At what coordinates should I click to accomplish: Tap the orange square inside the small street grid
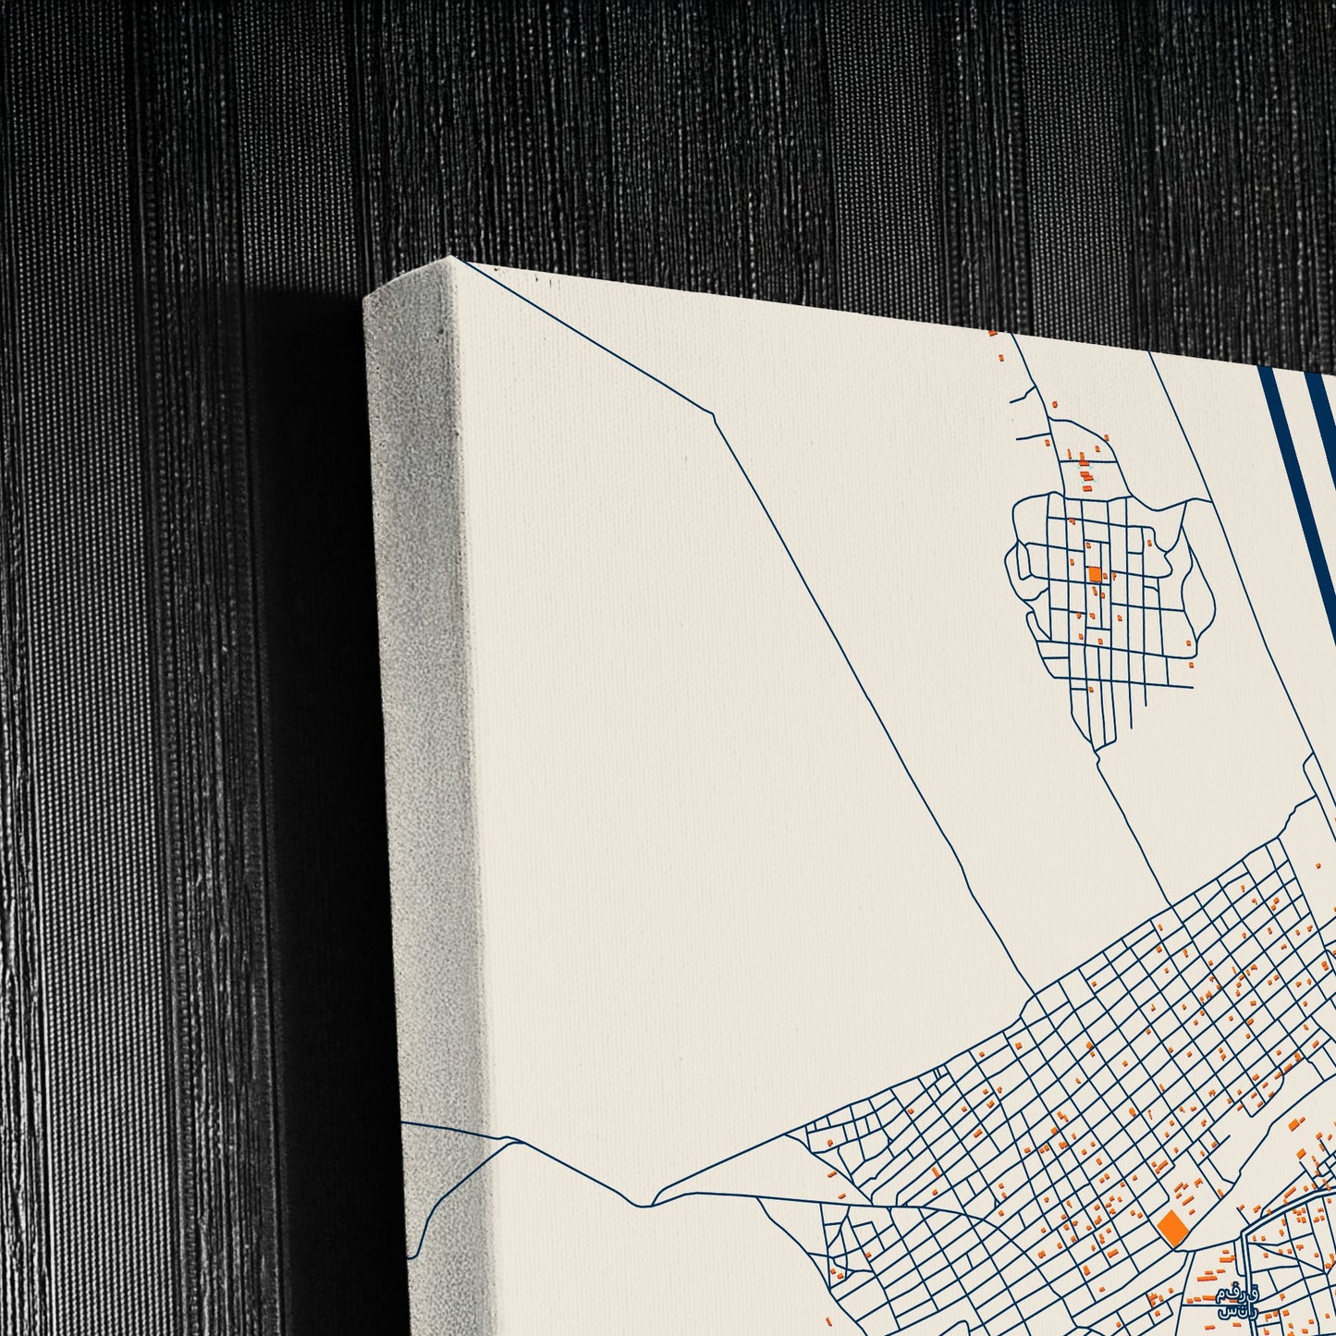pyautogui.click(x=1095, y=574)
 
